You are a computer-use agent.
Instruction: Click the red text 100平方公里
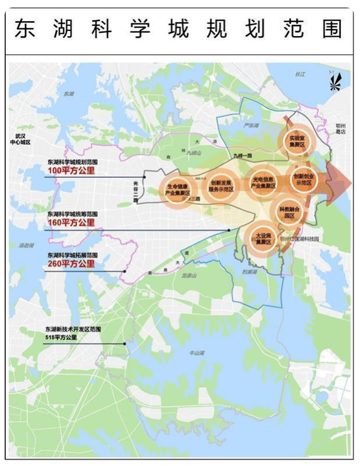tap(71, 171)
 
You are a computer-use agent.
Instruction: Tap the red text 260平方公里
tap(71, 264)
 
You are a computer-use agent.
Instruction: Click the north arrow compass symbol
tap(334, 81)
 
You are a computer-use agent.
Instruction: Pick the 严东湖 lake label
tap(251, 124)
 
